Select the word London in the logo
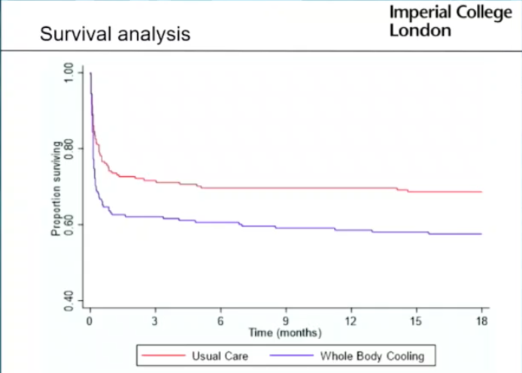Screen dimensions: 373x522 pyautogui.click(x=420, y=31)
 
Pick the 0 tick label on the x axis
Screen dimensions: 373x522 pyautogui.click(x=90, y=321)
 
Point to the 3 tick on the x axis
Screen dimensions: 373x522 pyautogui.click(x=155, y=321)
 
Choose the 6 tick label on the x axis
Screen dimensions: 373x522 pyautogui.click(x=220, y=321)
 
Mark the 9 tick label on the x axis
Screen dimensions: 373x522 pyautogui.click(x=286, y=321)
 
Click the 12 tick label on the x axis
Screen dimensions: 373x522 pyautogui.click(x=351, y=321)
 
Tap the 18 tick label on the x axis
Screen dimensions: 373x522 pyautogui.click(x=481, y=321)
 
